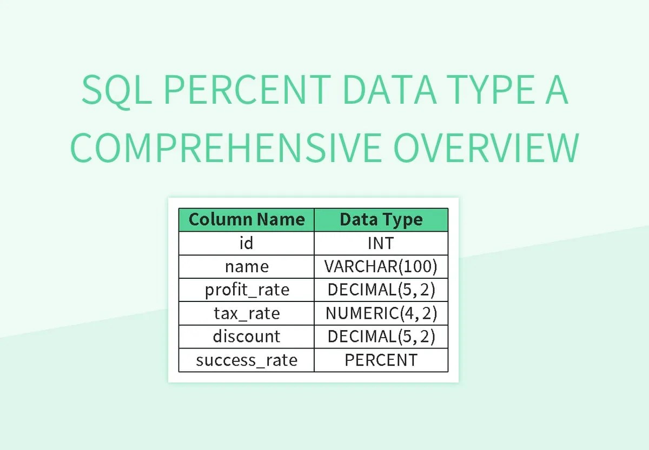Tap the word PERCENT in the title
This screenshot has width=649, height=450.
[247, 91]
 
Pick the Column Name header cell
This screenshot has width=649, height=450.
[247, 220]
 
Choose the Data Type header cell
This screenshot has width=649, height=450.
[381, 220]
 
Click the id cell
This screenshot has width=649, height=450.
[247, 243]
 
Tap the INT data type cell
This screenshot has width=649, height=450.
[381, 243]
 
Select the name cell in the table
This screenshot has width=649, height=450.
[247, 266]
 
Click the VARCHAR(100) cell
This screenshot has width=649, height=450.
[381, 266]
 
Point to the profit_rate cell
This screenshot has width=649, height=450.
[247, 290]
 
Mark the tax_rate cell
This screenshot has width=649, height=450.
[247, 313]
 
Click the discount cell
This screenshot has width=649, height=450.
[247, 337]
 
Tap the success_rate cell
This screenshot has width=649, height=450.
[247, 360]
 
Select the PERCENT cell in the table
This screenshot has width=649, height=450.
[381, 360]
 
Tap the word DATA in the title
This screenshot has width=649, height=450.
[389, 91]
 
